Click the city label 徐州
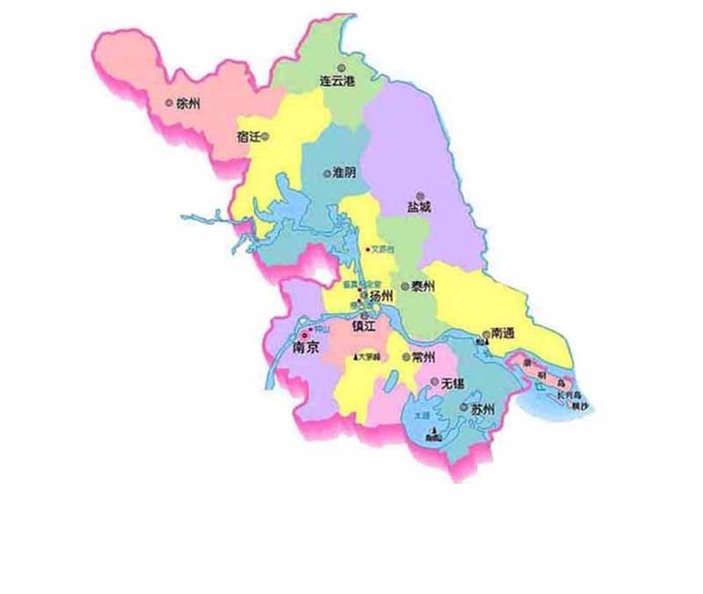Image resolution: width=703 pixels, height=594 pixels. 189,103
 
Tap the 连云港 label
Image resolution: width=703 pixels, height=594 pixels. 337,80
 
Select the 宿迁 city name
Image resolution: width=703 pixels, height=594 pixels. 249,136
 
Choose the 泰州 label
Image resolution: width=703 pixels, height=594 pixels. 423,286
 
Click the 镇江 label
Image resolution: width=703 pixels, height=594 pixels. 364,327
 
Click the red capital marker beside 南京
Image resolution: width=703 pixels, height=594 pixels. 305,335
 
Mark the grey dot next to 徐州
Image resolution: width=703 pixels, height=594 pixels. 170,103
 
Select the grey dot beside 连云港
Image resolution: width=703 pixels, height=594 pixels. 348,67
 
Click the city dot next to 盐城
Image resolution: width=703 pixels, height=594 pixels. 421,192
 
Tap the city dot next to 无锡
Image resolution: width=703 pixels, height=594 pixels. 433,383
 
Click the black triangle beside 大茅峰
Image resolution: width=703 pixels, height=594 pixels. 356,358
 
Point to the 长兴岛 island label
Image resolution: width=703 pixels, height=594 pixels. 572,396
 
